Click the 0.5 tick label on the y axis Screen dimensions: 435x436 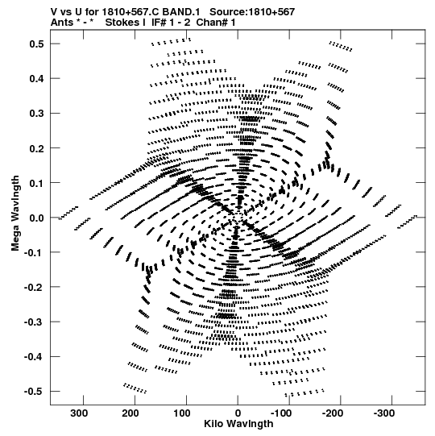coord(37,44)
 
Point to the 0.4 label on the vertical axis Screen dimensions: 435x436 coord(37,79)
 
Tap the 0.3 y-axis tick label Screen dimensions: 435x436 coord(37,114)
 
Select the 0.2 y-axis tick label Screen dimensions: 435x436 coord(37,148)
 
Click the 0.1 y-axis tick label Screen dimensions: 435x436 coord(37,183)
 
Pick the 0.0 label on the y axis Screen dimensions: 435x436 coord(37,218)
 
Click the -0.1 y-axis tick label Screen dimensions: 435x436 coord(34,252)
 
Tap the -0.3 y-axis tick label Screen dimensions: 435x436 coord(34,322)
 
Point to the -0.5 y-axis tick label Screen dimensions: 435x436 coord(34,392)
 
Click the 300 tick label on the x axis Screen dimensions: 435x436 coord(79,413)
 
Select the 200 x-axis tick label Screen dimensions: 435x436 coord(130,413)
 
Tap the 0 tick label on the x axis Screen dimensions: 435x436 coord(238,413)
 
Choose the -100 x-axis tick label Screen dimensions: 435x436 coord(281,413)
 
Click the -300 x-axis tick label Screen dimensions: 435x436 coord(384,413)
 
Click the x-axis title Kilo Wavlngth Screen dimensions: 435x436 coord(238,424)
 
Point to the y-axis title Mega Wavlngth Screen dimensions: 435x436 coord(15,214)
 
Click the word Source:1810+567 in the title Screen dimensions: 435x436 coord(252,12)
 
